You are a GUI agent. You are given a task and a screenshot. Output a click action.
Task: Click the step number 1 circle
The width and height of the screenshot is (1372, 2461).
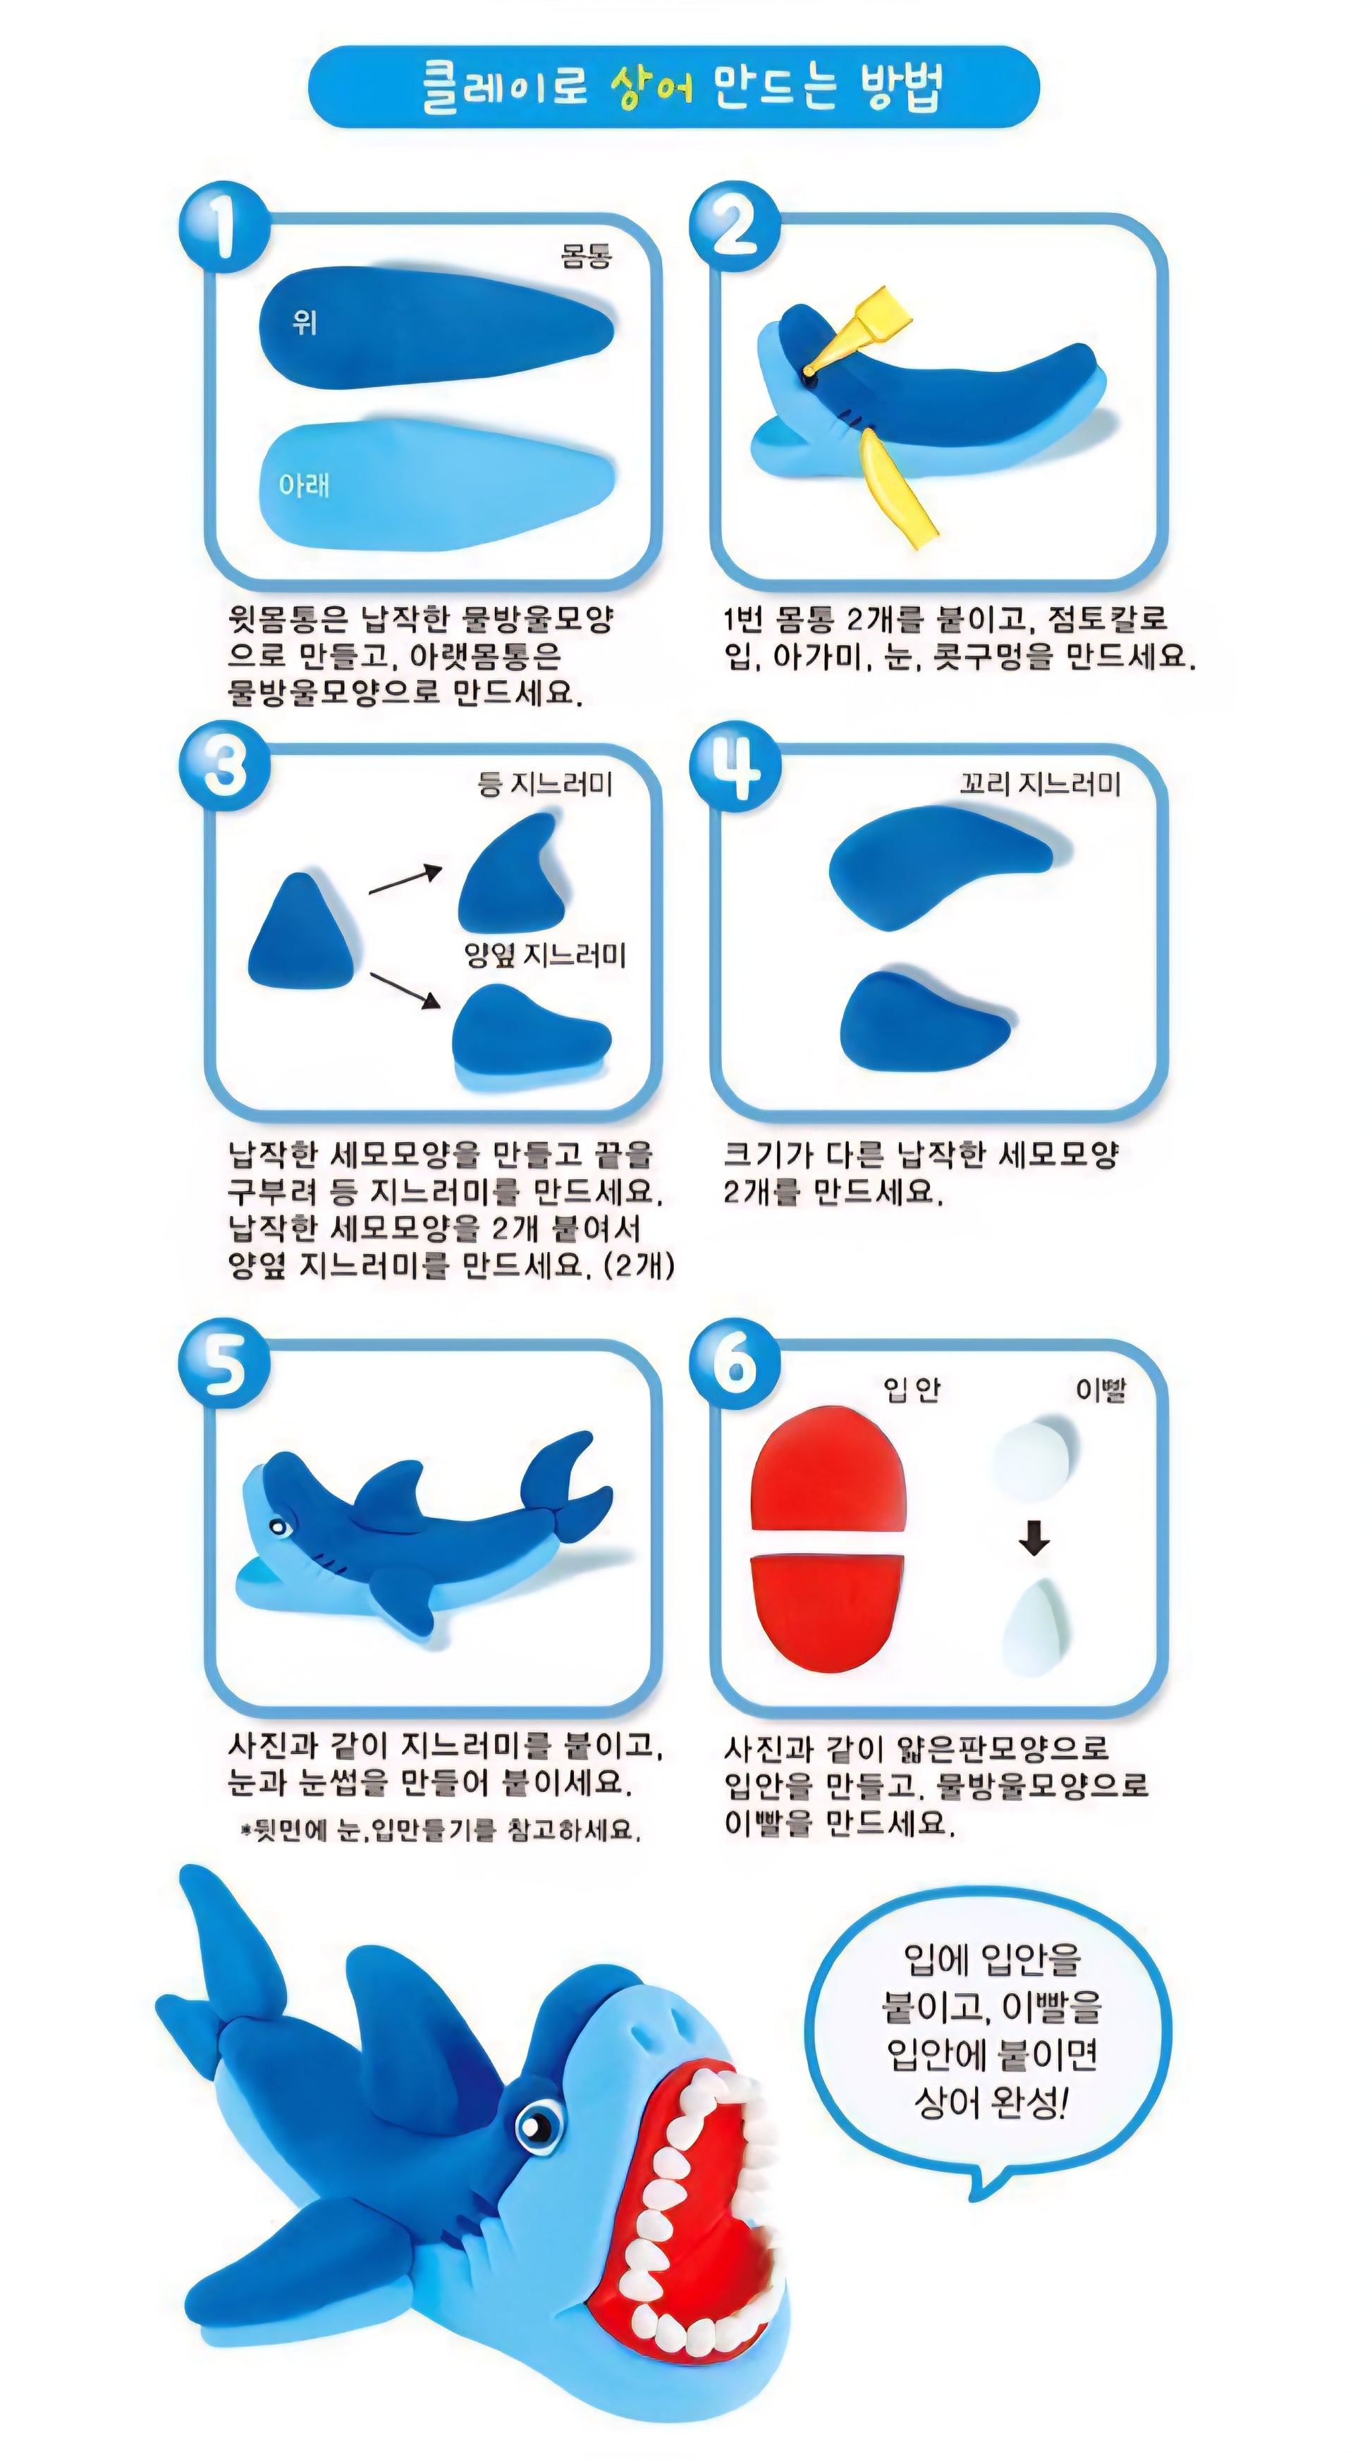pos(223,228)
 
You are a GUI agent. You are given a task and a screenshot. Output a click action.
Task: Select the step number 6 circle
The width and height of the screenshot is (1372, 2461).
pos(734,1363)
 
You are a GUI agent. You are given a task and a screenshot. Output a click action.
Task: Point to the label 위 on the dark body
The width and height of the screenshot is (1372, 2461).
pos(304,323)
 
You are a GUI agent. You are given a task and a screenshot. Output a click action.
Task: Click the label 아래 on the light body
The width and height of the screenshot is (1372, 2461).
pos(304,485)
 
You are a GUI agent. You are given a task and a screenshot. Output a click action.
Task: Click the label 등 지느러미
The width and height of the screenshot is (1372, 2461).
pos(544,785)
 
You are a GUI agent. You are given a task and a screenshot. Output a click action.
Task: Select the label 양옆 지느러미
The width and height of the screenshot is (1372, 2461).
pos(544,955)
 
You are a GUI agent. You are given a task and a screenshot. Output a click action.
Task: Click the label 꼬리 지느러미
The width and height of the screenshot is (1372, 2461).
pos(1039,785)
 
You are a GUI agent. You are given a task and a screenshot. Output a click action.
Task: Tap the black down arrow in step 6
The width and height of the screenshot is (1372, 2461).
pos(1034,1539)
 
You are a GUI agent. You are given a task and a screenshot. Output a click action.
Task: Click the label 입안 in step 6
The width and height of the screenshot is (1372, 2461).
pos(912,1389)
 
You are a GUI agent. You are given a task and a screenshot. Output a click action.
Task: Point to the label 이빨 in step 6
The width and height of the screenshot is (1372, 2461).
pos(1101,1389)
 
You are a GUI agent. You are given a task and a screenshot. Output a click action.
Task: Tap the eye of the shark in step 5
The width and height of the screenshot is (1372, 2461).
pos(279,1527)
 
